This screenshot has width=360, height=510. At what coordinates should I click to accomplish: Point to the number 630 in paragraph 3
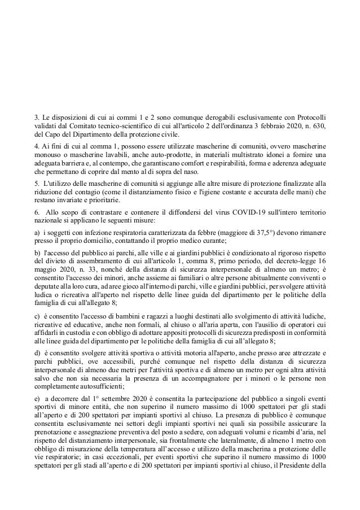coord(317,125)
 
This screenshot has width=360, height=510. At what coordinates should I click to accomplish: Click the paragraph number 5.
coord(36,184)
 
